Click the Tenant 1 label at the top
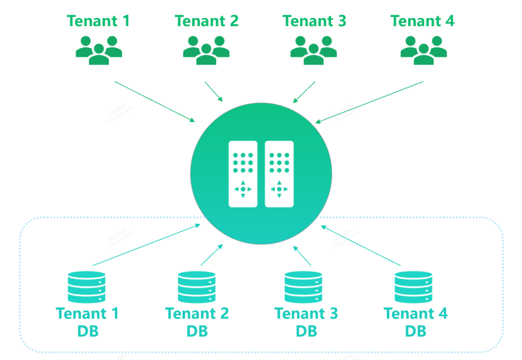[99, 21]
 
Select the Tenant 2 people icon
[206, 50]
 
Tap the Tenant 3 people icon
[314, 50]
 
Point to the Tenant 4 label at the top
[422, 21]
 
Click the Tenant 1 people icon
[99, 50]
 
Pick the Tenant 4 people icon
[423, 50]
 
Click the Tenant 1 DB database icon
[87, 287]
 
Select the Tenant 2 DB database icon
[196, 287]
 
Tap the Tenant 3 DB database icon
[303, 287]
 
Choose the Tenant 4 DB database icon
[413, 287]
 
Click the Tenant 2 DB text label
[197, 322]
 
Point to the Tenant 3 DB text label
[306, 322]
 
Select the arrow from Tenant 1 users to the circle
[155, 101]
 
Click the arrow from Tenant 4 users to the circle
[369, 102]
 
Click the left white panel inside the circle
[243, 174]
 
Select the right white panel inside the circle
[279, 174]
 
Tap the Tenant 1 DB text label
[87, 322]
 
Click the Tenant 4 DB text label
[416, 322]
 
